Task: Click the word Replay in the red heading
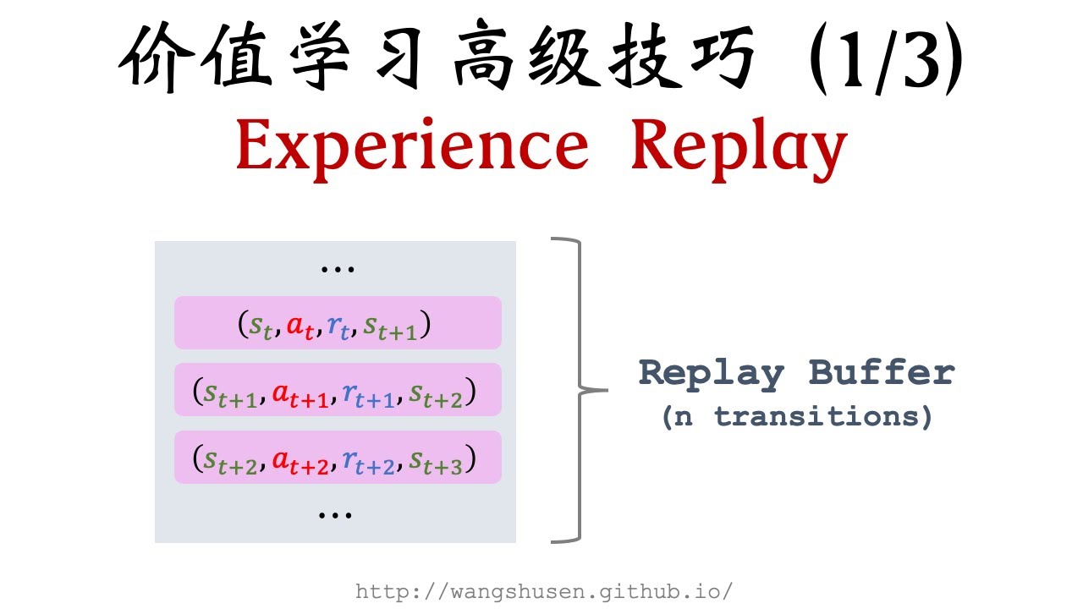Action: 738,145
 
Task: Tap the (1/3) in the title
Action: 884,61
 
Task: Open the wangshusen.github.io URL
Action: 543,591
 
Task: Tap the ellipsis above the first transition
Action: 337,269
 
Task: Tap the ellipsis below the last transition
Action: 336,513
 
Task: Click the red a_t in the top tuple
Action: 300,326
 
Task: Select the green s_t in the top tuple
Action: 261,326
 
